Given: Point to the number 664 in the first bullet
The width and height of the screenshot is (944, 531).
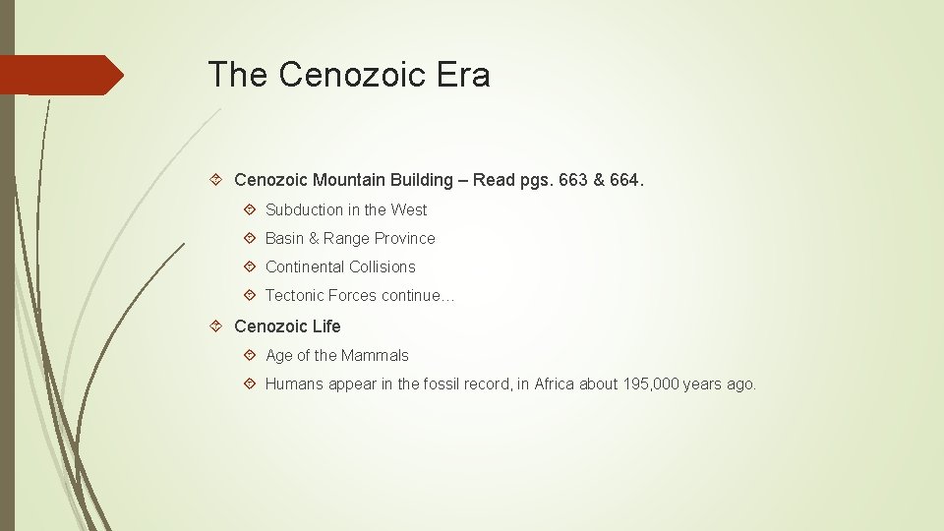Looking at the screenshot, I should (623, 180).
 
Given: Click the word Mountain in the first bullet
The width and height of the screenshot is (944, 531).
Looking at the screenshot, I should (349, 180).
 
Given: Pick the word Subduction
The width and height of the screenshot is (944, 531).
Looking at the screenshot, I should (304, 209).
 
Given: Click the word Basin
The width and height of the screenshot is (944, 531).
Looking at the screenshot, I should (285, 238).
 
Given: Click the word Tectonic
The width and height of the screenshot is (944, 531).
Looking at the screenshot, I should (294, 295).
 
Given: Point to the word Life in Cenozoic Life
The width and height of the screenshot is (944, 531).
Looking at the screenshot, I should (326, 325).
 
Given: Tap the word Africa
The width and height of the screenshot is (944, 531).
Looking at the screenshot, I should (555, 383).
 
